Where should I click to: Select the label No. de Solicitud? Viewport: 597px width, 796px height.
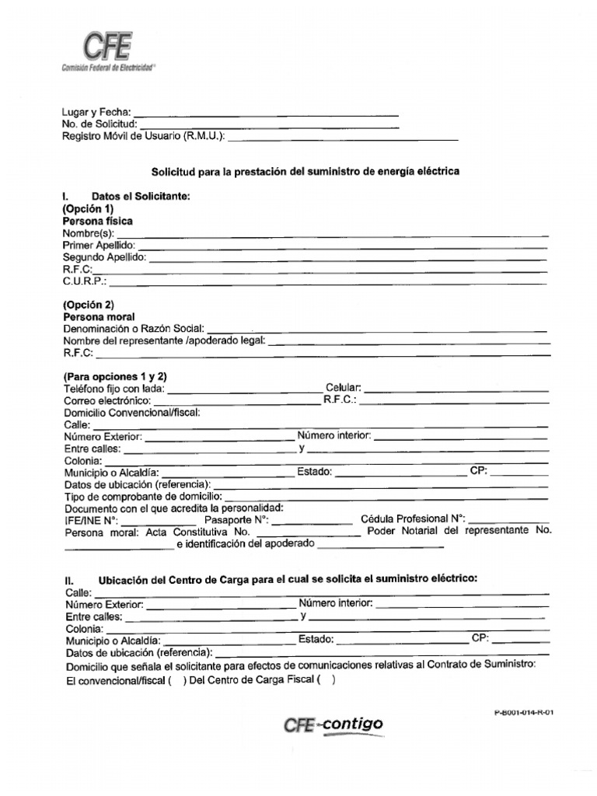[99, 124]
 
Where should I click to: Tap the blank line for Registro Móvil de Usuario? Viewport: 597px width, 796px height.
[343, 138]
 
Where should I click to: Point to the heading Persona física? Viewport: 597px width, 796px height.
[97, 222]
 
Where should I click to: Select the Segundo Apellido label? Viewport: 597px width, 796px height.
[104, 257]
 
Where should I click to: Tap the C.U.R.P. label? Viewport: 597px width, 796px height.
[85, 281]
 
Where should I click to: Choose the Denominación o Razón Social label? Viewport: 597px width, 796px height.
[134, 330]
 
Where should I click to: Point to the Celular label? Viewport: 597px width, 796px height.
[343, 388]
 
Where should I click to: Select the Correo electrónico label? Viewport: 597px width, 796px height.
[106, 400]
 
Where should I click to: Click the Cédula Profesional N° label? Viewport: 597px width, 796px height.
[413, 518]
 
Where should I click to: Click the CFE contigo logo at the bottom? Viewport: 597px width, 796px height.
[333, 724]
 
